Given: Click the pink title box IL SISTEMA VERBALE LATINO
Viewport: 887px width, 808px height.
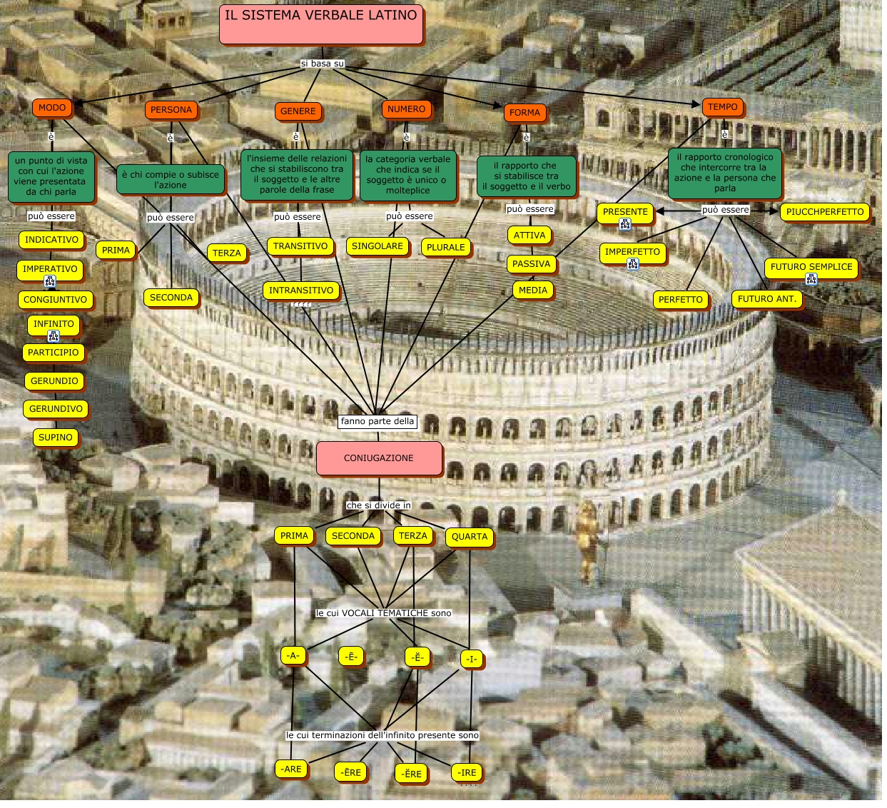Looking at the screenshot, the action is point(321,24).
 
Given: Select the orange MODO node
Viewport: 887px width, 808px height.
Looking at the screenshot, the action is point(52,108).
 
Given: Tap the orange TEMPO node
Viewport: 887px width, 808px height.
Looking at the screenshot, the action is point(722,107).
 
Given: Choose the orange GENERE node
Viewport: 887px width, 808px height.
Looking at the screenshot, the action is point(298,111).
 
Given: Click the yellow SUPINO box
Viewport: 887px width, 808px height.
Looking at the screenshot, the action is point(55,438).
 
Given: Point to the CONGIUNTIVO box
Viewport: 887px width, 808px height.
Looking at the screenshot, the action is point(55,300).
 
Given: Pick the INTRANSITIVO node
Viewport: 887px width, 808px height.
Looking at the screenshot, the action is point(300,291).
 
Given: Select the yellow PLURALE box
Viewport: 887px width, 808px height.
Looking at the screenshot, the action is point(445,248).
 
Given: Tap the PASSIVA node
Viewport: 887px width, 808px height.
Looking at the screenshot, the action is point(531,264).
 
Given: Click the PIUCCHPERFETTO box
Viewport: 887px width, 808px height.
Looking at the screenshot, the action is point(824,212).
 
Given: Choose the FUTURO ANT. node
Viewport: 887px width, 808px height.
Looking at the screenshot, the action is point(766,299).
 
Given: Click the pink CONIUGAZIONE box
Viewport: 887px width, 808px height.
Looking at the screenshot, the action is point(379,458).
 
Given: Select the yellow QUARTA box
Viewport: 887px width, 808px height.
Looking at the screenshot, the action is point(470,537).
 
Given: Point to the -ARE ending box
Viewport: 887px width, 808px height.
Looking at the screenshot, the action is point(292,769).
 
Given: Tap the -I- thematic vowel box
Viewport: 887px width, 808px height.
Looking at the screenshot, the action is point(472,660).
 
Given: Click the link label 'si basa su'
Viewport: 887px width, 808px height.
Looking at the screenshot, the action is point(322,64).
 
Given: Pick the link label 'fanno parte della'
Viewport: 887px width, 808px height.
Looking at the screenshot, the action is point(377,421).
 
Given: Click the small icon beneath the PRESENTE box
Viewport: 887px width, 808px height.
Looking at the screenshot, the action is point(625,225).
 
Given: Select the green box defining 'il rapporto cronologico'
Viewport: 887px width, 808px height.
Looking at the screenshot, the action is point(724,173).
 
